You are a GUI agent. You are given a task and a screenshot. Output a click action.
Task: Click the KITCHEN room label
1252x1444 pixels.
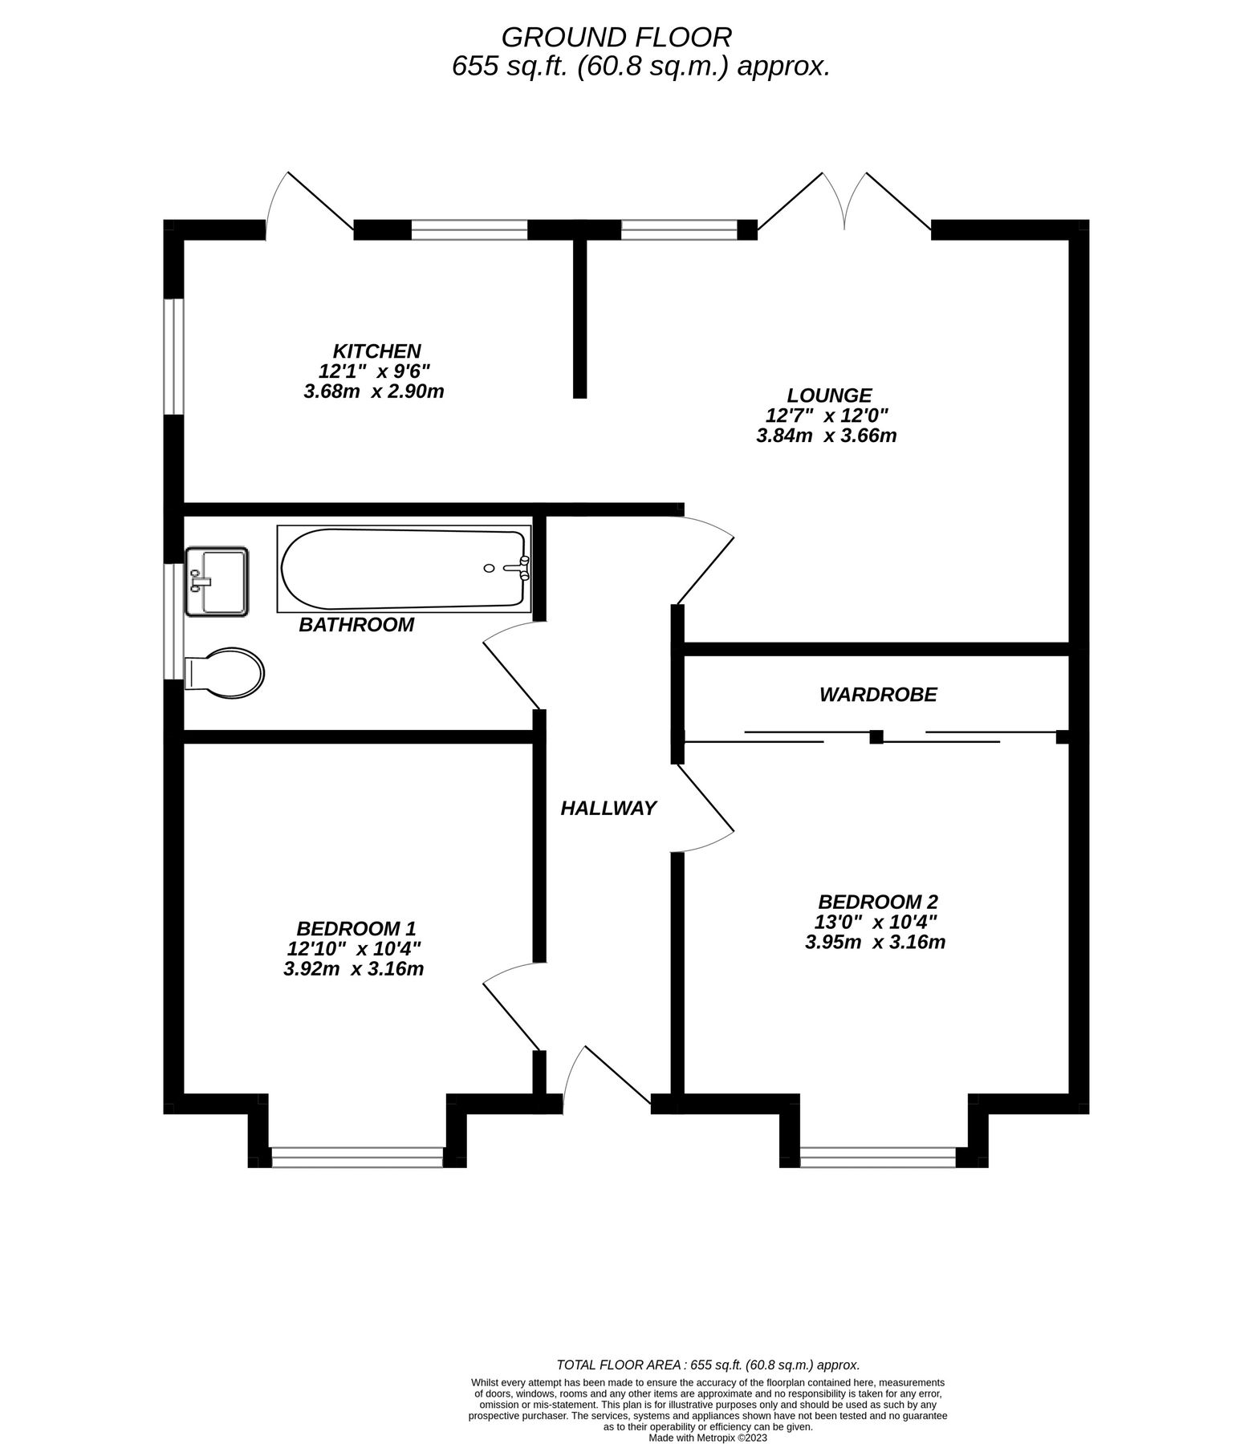(x=376, y=351)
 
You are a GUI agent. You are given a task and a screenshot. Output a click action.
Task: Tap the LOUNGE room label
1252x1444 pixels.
(x=828, y=395)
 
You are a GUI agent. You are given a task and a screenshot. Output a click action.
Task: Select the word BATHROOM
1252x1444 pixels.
(x=356, y=624)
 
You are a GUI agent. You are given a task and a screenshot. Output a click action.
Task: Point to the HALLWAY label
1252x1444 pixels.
(x=608, y=808)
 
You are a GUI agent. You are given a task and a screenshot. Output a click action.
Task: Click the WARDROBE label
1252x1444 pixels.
(x=877, y=694)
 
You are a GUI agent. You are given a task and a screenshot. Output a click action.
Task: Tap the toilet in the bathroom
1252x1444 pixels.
(x=224, y=672)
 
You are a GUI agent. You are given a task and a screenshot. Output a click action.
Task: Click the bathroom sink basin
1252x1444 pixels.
(x=217, y=582)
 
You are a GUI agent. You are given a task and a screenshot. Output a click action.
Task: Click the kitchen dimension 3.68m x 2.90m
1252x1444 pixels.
(x=374, y=391)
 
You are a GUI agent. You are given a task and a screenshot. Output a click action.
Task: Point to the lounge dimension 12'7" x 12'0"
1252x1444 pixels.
(x=827, y=416)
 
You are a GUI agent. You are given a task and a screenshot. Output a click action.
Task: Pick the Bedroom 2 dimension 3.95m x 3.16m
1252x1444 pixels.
(x=875, y=941)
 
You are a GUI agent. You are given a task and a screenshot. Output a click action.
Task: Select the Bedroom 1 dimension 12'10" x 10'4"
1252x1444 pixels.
(x=354, y=948)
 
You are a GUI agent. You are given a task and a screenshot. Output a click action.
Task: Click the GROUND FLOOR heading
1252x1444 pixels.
(x=616, y=37)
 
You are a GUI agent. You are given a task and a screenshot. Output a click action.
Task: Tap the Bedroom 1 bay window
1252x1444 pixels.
(x=357, y=1157)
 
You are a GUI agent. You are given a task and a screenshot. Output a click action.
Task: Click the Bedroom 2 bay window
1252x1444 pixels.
(x=878, y=1157)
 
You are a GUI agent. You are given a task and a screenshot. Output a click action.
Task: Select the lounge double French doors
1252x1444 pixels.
(x=844, y=205)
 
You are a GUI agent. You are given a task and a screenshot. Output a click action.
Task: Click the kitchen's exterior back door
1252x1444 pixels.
(x=309, y=205)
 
